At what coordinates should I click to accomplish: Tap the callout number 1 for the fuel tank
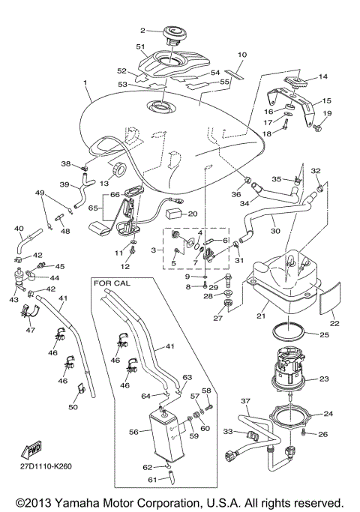point(86,83)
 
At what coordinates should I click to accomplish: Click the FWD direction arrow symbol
point(34,451)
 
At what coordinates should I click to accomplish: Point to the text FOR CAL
point(111,283)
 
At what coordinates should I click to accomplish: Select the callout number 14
point(323,77)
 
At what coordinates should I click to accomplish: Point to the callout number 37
point(244,401)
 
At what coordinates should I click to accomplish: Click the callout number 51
point(139,46)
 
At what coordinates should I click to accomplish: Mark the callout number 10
point(241,55)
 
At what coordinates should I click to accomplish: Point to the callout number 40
point(19,229)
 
